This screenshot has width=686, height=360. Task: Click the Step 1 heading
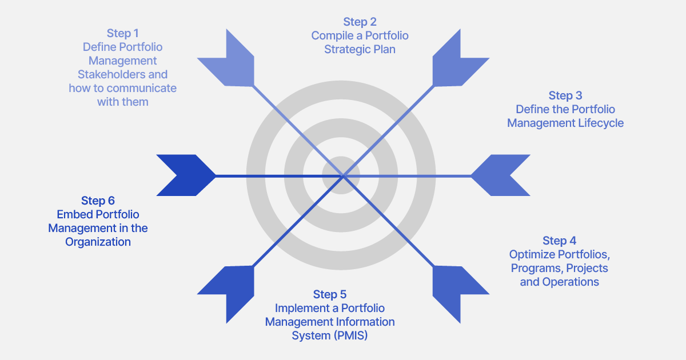coord(122,33)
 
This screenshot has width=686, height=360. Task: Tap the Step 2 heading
coord(360,22)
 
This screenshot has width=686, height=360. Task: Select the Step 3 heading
coord(565,95)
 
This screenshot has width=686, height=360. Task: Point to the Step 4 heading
coord(559,241)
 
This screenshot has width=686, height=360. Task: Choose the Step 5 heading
coord(329,294)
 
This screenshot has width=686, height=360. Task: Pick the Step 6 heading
coord(98,201)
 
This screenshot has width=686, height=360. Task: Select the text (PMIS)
coord(350,335)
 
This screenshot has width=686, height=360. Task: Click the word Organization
coord(98,242)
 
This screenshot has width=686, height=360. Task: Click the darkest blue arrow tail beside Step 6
coord(186,175)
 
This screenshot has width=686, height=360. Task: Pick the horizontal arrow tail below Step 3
coord(501,175)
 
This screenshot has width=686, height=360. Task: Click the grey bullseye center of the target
coord(341,175)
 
